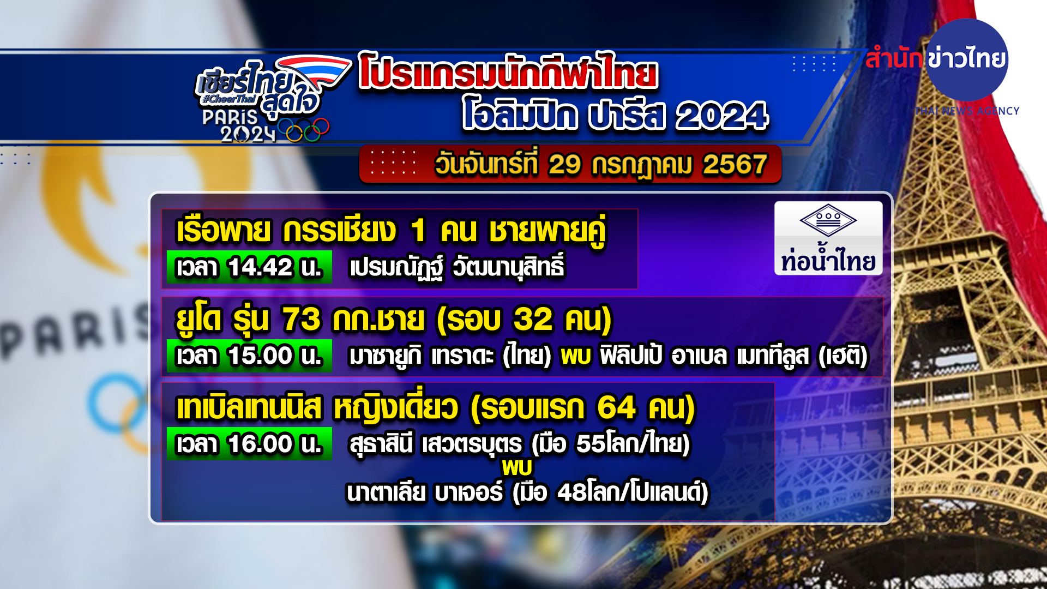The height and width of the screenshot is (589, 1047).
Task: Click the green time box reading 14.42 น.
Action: tap(249, 267)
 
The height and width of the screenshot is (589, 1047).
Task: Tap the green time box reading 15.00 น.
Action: tap(249, 356)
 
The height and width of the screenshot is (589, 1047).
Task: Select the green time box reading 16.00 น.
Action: tap(249, 444)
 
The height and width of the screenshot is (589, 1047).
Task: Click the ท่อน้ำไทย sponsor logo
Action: tap(828, 238)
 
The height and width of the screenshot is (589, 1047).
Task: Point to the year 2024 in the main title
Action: tap(722, 116)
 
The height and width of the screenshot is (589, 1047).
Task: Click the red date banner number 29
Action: tap(564, 164)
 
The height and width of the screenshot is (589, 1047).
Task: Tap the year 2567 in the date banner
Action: tap(735, 164)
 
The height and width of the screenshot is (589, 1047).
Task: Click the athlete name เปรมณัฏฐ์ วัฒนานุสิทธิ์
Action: tap(457, 267)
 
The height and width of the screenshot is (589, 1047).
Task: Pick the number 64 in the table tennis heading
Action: tap(616, 407)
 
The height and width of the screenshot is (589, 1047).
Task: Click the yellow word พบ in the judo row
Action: tap(576, 356)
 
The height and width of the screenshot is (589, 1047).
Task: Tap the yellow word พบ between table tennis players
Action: tap(517, 467)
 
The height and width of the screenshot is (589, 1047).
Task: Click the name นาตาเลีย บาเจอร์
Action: tap(425, 493)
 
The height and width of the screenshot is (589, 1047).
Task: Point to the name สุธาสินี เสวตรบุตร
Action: tap(436, 444)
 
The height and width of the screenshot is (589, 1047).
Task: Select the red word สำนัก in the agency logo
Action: tap(893, 58)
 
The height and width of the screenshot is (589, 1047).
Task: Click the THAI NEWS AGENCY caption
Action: tap(967, 111)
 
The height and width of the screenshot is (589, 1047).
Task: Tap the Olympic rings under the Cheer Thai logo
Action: tap(303, 130)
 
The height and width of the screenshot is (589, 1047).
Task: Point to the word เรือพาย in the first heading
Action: tap(224, 230)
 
